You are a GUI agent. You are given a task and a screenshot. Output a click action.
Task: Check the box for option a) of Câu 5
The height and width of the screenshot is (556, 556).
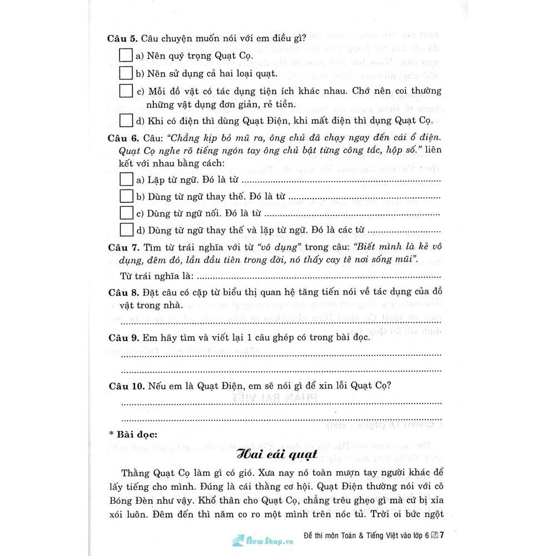click(126, 56)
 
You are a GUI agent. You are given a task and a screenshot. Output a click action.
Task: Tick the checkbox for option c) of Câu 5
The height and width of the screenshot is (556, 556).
click(126, 91)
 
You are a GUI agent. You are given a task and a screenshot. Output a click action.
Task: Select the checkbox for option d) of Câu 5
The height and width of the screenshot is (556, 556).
click(126, 120)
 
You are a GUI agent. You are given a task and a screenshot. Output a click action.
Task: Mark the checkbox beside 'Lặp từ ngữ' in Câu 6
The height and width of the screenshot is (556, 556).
click(126, 180)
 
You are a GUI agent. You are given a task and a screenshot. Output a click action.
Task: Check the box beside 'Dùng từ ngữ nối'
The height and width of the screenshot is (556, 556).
click(126, 213)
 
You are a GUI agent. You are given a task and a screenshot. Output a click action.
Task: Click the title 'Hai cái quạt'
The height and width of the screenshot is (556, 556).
click(276, 454)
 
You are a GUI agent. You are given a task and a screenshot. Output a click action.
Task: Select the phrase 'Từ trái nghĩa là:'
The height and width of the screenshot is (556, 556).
click(156, 276)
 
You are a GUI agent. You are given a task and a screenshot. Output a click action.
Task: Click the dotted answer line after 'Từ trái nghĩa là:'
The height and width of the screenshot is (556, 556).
click(317, 277)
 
